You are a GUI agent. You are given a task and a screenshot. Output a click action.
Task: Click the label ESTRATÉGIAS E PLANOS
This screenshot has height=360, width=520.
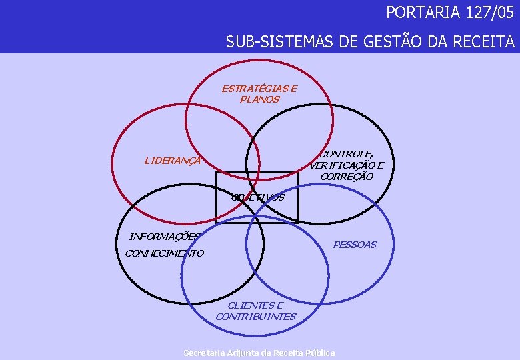259,93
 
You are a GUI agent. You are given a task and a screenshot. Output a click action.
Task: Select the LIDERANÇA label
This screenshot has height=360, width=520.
173,160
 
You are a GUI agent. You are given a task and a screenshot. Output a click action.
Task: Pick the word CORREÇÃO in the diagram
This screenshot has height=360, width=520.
346,177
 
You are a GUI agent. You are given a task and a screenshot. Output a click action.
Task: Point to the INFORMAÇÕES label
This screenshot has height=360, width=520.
164,236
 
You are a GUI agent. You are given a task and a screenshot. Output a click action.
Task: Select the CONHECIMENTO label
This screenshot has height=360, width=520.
164,253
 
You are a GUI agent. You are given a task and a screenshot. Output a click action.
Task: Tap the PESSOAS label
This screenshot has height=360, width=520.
355,245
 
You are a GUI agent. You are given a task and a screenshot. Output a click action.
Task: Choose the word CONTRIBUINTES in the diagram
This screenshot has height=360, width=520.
256,317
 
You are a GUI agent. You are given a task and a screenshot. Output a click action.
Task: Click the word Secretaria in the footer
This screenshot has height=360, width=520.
203,353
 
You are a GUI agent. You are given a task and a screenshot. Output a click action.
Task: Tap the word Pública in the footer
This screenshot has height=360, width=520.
320,353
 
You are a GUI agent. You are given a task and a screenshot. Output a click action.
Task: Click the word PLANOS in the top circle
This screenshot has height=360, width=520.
259,99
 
